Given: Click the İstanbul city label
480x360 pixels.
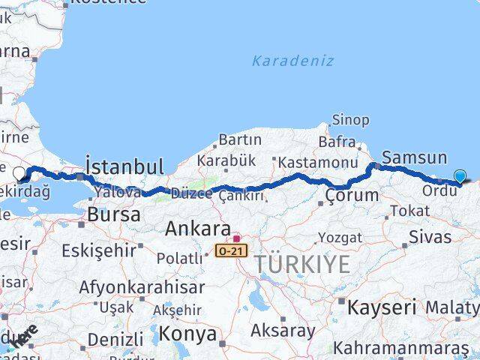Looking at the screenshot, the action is [x=124, y=166].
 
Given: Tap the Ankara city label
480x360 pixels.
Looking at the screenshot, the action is [x=197, y=229].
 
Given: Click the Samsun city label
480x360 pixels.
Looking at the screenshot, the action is [x=414, y=157].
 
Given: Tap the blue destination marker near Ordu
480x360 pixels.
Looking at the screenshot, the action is [x=460, y=176].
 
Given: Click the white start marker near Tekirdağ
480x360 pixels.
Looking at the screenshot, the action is [x=19, y=173].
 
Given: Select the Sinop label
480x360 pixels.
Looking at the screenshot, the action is [x=350, y=120].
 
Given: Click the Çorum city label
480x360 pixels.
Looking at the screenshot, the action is [x=352, y=195].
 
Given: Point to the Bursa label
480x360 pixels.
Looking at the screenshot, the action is [x=114, y=214].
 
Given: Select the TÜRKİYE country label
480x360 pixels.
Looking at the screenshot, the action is [x=302, y=264].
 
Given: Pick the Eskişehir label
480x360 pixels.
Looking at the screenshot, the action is [x=100, y=250].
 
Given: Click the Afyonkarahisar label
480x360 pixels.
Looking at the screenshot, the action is [x=142, y=287].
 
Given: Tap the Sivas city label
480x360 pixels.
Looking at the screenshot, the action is [x=430, y=238].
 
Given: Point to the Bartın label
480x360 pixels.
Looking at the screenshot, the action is [x=240, y=139].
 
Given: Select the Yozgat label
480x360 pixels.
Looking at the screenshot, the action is [x=340, y=238].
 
